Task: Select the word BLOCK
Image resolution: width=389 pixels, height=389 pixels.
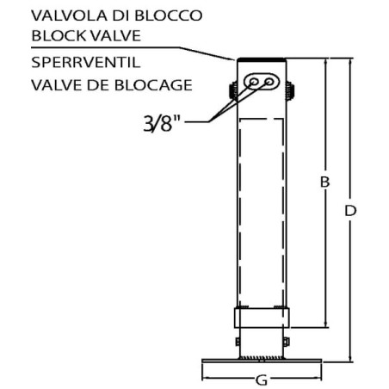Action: [x=59, y=35]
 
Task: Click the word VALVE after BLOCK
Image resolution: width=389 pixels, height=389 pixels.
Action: [x=115, y=35]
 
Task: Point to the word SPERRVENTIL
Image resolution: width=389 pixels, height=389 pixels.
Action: [x=86, y=62]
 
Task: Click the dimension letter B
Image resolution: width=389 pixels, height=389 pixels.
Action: [x=324, y=182]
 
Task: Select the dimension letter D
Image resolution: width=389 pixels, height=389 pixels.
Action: [x=350, y=211]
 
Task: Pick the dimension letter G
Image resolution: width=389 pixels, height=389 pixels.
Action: [x=262, y=380]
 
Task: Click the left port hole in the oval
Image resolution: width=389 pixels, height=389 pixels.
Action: [x=253, y=82]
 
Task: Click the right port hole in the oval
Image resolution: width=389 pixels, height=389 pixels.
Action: [x=269, y=82]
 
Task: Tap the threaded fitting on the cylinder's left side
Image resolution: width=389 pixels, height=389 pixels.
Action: [x=233, y=91]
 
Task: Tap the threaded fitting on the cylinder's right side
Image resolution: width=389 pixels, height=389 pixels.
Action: [x=290, y=91]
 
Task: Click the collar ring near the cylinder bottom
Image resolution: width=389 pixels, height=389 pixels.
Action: [x=262, y=318]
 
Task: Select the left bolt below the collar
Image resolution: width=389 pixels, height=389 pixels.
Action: [x=238, y=342]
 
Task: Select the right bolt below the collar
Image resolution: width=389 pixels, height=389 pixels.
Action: [x=286, y=342]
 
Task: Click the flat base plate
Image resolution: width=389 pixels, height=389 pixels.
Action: [x=262, y=361]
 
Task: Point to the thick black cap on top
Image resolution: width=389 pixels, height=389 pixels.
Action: [x=262, y=59]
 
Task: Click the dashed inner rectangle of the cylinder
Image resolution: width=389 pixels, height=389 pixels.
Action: [x=240, y=213]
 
